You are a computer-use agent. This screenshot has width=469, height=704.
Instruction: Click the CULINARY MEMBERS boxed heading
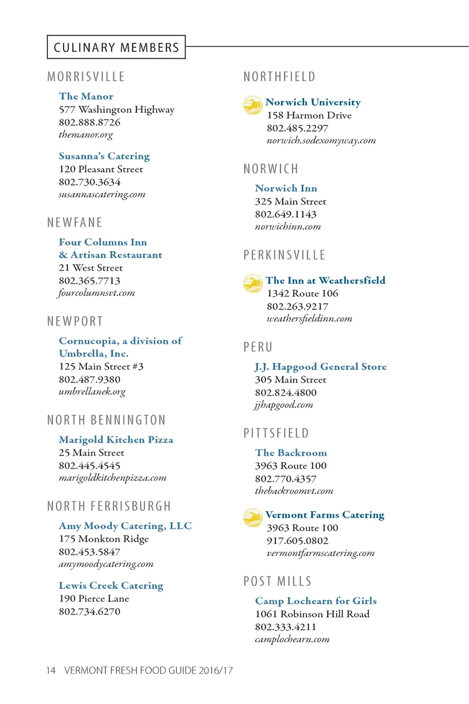click(x=116, y=47)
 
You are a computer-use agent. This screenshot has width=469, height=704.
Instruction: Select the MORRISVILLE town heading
click(x=86, y=77)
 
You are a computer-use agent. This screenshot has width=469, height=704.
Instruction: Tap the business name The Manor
click(x=86, y=96)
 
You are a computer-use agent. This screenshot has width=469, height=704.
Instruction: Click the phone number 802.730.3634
click(x=90, y=182)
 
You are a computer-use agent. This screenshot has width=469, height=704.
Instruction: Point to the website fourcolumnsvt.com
click(x=96, y=293)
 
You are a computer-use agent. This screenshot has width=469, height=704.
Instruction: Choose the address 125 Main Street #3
click(x=101, y=367)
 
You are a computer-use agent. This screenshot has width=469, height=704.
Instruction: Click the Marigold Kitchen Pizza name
click(x=116, y=440)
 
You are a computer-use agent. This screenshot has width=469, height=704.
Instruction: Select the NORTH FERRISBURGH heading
click(x=109, y=506)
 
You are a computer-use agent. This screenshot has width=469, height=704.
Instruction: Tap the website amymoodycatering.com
click(x=106, y=564)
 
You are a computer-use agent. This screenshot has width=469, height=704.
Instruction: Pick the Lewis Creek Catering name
click(x=111, y=586)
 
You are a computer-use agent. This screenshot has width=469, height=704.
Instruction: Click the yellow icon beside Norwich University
click(x=253, y=105)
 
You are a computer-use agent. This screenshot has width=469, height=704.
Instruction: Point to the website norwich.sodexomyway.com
click(x=321, y=141)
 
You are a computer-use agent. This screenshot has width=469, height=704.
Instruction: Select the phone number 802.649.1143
click(x=286, y=214)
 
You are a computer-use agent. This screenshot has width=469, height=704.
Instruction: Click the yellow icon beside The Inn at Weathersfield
click(x=253, y=283)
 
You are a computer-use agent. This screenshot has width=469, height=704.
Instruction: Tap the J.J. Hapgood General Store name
click(x=321, y=367)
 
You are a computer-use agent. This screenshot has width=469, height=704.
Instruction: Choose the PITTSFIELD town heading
click(x=276, y=433)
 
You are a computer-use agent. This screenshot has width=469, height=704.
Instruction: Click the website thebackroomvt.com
click(x=294, y=491)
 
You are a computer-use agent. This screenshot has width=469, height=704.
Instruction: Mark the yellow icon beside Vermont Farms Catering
click(x=253, y=517)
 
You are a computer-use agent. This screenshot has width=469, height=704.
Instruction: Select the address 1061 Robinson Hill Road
click(x=312, y=614)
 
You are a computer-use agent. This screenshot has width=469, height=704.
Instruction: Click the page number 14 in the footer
click(x=51, y=671)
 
